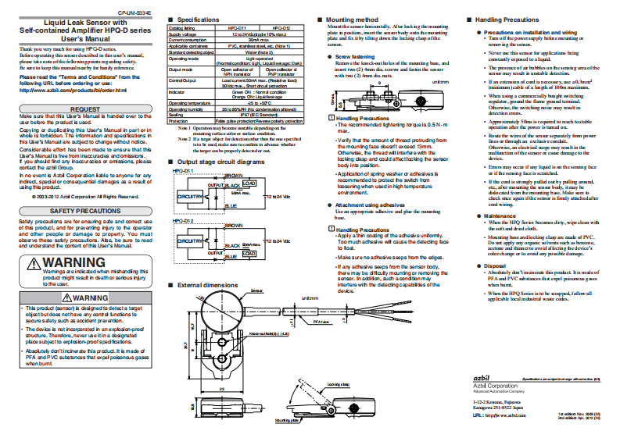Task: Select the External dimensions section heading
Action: [207, 285]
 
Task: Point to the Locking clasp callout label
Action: [339, 385]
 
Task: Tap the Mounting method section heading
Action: [351, 18]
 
